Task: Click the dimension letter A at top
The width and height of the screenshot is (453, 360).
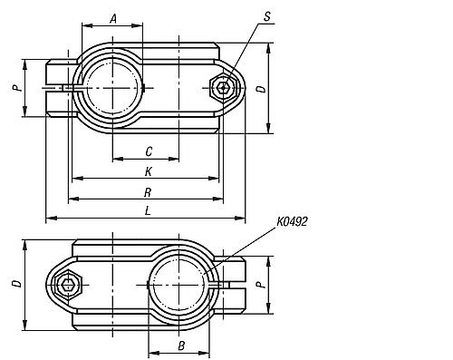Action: [x=114, y=18]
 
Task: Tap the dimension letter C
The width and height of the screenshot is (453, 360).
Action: [x=148, y=151]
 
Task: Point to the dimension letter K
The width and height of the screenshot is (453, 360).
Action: [x=148, y=171]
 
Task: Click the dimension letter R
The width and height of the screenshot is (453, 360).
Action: [x=148, y=192]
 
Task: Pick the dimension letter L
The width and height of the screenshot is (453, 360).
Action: [x=148, y=211]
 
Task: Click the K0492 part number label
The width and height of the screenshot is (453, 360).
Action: [x=290, y=220]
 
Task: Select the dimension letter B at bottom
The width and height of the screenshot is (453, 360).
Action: [x=181, y=346]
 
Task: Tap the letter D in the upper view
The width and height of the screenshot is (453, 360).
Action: [x=260, y=89]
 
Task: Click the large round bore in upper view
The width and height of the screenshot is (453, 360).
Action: [x=112, y=86]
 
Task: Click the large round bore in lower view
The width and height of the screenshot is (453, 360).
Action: [x=180, y=284]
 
